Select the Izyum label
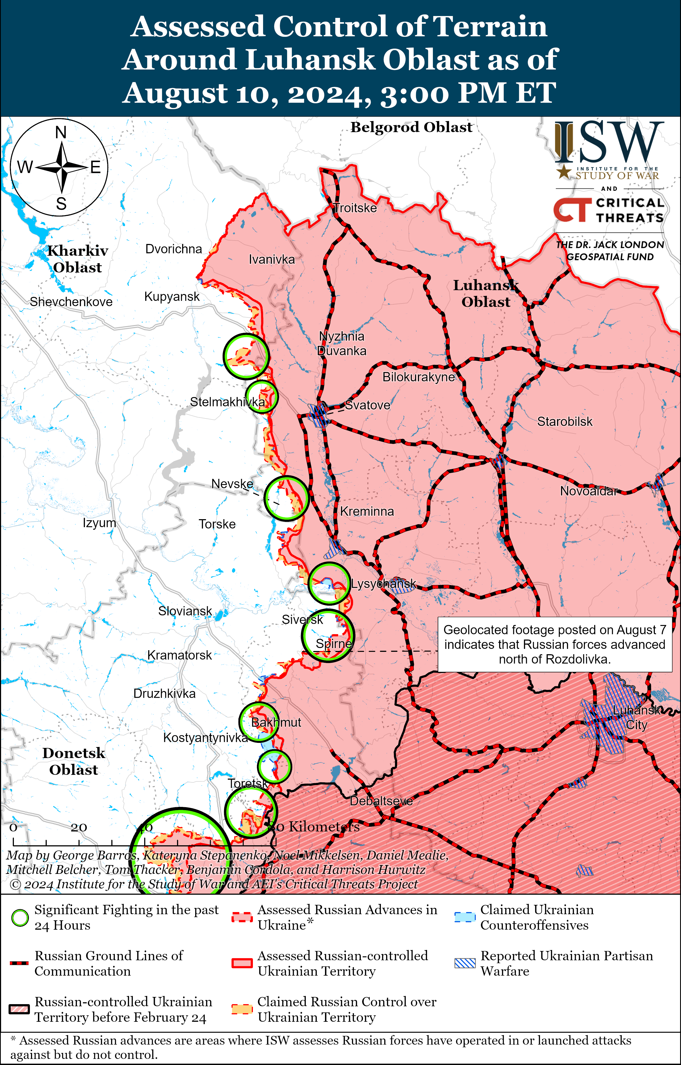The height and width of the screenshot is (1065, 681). tap(99, 523)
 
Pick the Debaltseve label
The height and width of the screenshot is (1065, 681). tap(381, 801)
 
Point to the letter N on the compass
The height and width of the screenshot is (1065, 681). tap(61, 132)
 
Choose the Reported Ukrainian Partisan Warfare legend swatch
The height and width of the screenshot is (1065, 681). tap(465, 963)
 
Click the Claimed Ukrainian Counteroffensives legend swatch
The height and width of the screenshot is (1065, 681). tap(465, 917)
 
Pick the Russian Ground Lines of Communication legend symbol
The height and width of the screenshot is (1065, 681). tap(19, 963)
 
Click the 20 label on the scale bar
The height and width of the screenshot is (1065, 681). tap(79, 827)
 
